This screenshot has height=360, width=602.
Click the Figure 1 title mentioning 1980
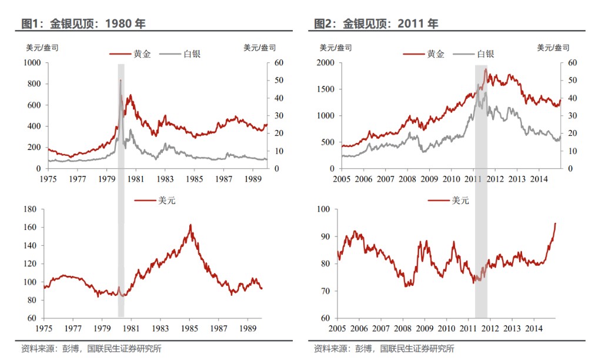tap(83, 24)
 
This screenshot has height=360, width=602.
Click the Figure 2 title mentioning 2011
tap(376, 24)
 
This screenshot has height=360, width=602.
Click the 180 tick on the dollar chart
tap(30, 209)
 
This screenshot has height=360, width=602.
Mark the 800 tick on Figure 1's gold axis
tap(32, 84)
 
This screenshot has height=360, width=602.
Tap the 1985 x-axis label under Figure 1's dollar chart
tap(190, 328)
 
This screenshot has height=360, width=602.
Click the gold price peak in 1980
tap(121, 80)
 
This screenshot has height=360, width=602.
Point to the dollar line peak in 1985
tap(190, 225)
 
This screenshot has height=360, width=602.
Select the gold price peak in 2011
tap(486, 69)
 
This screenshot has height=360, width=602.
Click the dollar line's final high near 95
tap(555, 223)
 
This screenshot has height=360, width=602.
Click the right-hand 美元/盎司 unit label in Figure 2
tap(553, 48)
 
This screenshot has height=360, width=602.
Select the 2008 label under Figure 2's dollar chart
tap(402, 328)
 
